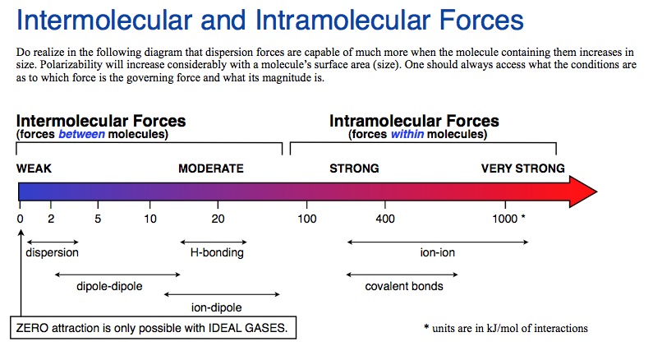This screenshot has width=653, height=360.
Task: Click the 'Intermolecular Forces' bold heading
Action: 101,121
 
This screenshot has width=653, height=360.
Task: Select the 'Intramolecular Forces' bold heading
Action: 414,121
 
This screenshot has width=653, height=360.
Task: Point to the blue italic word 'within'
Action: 407,134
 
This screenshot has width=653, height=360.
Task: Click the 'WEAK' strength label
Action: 34,168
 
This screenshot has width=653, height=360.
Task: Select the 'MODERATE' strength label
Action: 211,168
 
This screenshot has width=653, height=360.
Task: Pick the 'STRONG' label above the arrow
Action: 354,168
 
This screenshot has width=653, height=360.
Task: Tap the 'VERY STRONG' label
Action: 522,168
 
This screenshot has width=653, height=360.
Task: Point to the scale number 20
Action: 218,219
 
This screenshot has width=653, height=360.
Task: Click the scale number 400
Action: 385,219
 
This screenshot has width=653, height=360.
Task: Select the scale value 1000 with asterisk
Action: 508,219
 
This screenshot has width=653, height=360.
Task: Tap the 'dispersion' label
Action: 52,252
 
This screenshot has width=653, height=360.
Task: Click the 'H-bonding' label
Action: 217,252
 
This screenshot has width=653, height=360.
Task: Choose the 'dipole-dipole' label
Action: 109,286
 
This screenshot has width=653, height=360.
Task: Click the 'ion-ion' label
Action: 437,252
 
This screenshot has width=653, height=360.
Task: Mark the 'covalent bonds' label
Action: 404,286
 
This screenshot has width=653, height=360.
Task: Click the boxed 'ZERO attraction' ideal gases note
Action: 152,328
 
